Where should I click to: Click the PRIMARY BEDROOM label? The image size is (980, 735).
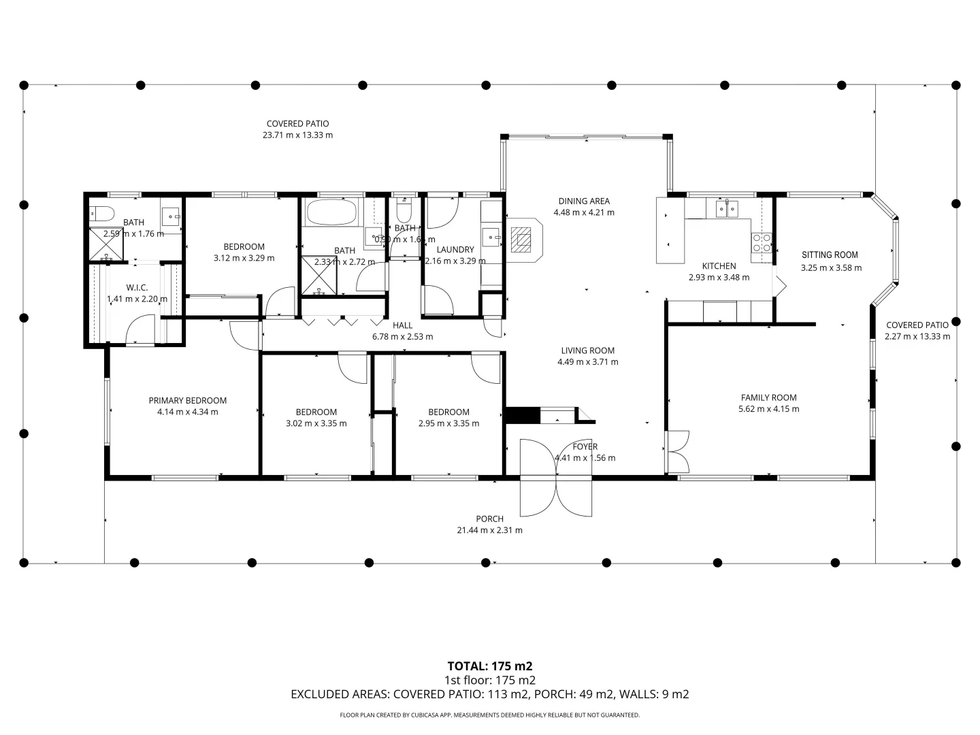coord(187,401)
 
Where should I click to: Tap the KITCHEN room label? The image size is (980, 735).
coord(719,266)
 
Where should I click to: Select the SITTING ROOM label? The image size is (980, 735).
coord(830,255)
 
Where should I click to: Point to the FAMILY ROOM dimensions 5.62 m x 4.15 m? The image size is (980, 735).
coord(768,409)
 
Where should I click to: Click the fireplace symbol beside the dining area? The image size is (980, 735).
coord(523,239)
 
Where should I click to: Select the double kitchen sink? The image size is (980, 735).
coord(727,208)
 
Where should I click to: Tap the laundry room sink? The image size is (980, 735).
coord(491,238)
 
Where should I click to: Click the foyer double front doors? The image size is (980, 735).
coord(557,478)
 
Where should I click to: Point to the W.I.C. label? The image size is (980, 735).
coord(137,288)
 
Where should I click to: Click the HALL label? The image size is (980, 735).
coord(402,325)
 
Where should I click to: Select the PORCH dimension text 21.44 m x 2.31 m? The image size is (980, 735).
coord(489,530)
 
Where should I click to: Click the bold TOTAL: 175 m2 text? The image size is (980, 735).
coord(489,666)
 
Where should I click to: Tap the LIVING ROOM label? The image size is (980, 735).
coord(587,350)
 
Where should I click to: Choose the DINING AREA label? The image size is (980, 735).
coord(584,201)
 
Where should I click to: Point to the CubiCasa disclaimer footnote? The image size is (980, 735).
coord(489,715)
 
